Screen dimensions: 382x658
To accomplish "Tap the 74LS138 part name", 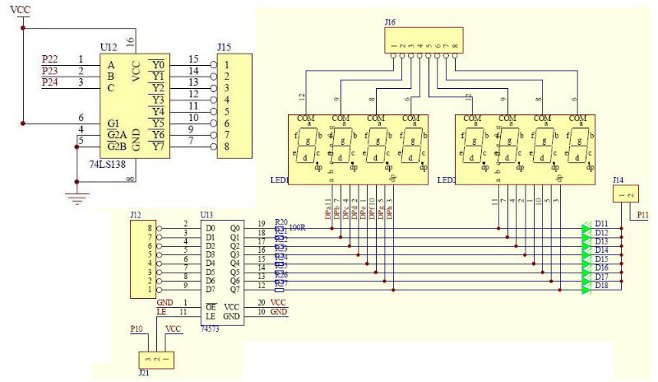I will (118, 165).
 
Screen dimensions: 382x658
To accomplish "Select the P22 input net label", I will (51, 59).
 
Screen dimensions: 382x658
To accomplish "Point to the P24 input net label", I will (51, 82).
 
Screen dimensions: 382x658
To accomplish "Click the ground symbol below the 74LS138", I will (79, 198).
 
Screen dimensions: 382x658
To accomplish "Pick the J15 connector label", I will (224, 48).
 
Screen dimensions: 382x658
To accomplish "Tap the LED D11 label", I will (601, 224).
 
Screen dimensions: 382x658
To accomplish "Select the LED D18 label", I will (601, 286).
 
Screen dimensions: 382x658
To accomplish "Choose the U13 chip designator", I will (206, 214).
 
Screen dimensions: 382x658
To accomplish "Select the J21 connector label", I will (145, 371).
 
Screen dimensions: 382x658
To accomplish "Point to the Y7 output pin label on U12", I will (158, 147).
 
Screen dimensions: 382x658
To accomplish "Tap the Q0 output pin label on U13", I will (235, 227).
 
